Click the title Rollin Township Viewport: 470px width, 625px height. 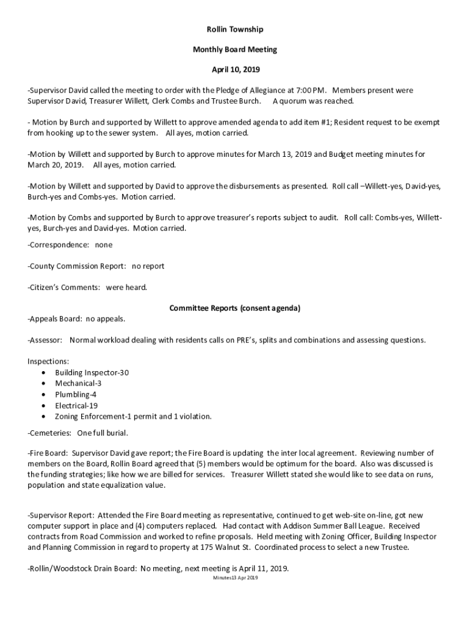234,29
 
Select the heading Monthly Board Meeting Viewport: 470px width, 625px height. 235,49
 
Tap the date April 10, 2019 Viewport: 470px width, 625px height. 235,70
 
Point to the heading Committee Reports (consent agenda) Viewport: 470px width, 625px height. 234,308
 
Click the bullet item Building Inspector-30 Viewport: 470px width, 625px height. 92,372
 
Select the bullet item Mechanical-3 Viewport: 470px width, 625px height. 78,383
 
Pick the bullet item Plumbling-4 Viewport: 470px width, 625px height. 76,394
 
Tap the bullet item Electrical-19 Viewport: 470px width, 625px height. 76,405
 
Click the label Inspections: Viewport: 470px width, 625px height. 48,361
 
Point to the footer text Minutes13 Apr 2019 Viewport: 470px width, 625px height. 235,577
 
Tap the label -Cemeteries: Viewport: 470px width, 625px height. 49,433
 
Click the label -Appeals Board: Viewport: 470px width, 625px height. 54,319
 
